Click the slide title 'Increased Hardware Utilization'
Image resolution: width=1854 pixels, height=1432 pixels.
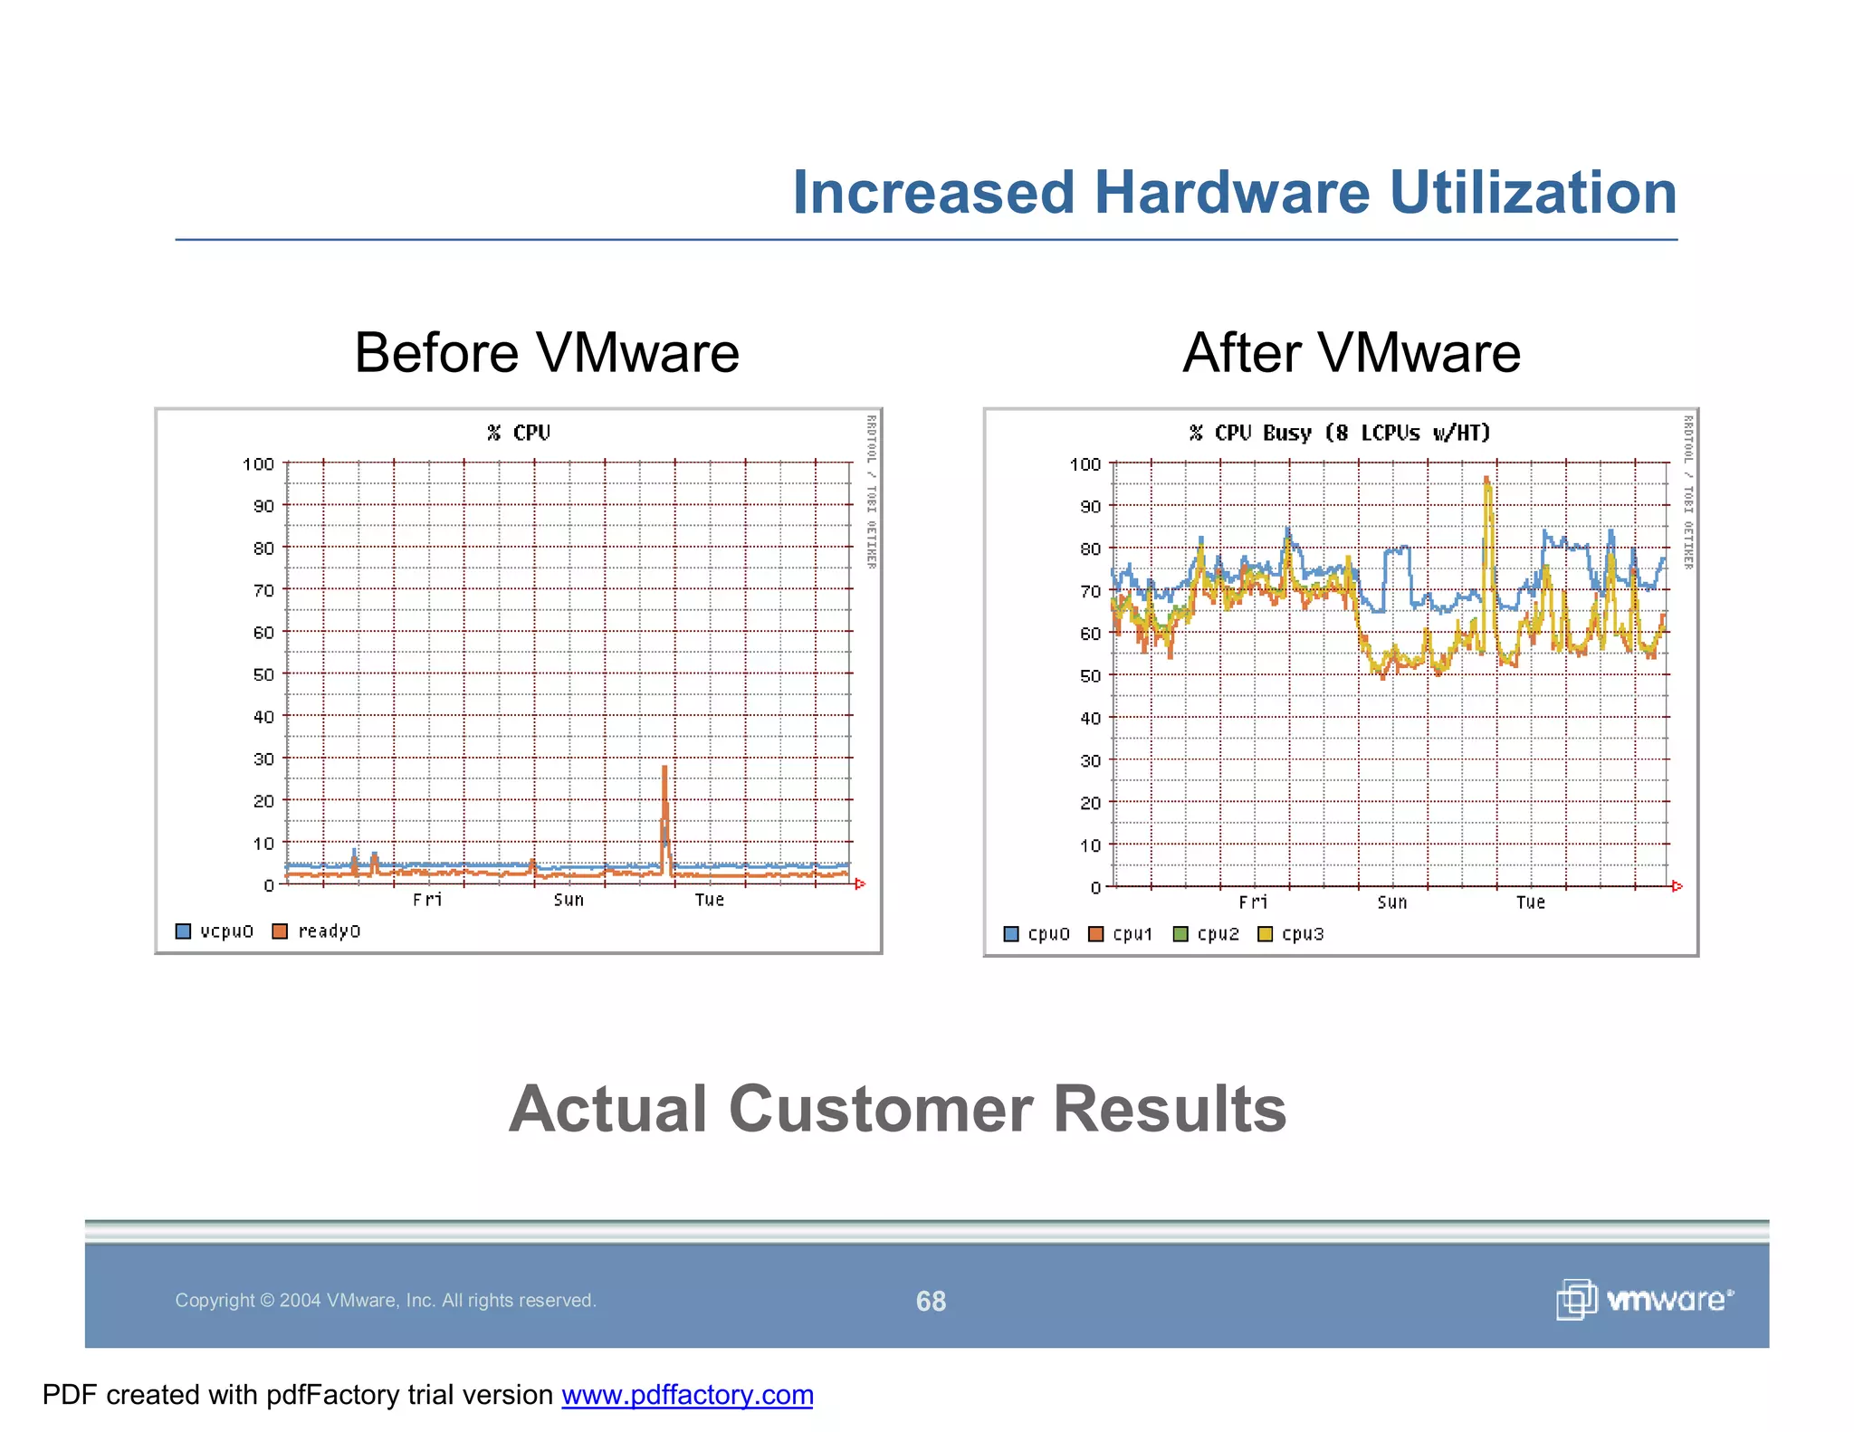[x=1234, y=193]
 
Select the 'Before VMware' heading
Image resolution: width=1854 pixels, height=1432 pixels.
[x=546, y=352]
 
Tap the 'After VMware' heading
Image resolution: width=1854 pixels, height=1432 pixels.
[x=1351, y=352]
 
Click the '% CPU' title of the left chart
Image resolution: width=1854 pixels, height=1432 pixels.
[x=519, y=433]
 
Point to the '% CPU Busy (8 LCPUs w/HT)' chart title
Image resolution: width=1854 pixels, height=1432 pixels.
[x=1339, y=433]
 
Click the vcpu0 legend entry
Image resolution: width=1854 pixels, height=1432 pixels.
[x=215, y=931]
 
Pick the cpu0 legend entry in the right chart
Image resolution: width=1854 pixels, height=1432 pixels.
[x=1037, y=934]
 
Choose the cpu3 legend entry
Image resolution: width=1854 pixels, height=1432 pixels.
[x=1291, y=934]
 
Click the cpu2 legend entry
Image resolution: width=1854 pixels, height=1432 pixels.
[x=1206, y=934]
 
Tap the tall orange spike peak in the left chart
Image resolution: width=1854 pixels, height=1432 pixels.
[x=664, y=769]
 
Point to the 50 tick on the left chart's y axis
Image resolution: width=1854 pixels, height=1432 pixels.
[x=263, y=674]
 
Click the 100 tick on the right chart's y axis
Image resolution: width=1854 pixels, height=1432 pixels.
[x=1085, y=464]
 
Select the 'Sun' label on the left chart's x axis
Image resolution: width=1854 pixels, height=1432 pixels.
[x=569, y=900]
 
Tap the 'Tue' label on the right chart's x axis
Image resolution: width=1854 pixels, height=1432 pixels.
[x=1530, y=902]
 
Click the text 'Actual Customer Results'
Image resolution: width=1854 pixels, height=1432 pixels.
[x=897, y=1109]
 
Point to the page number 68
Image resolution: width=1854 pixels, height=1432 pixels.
[x=931, y=1301]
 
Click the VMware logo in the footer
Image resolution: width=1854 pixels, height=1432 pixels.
[x=1645, y=1300]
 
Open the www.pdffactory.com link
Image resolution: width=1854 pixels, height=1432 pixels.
[x=687, y=1395]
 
